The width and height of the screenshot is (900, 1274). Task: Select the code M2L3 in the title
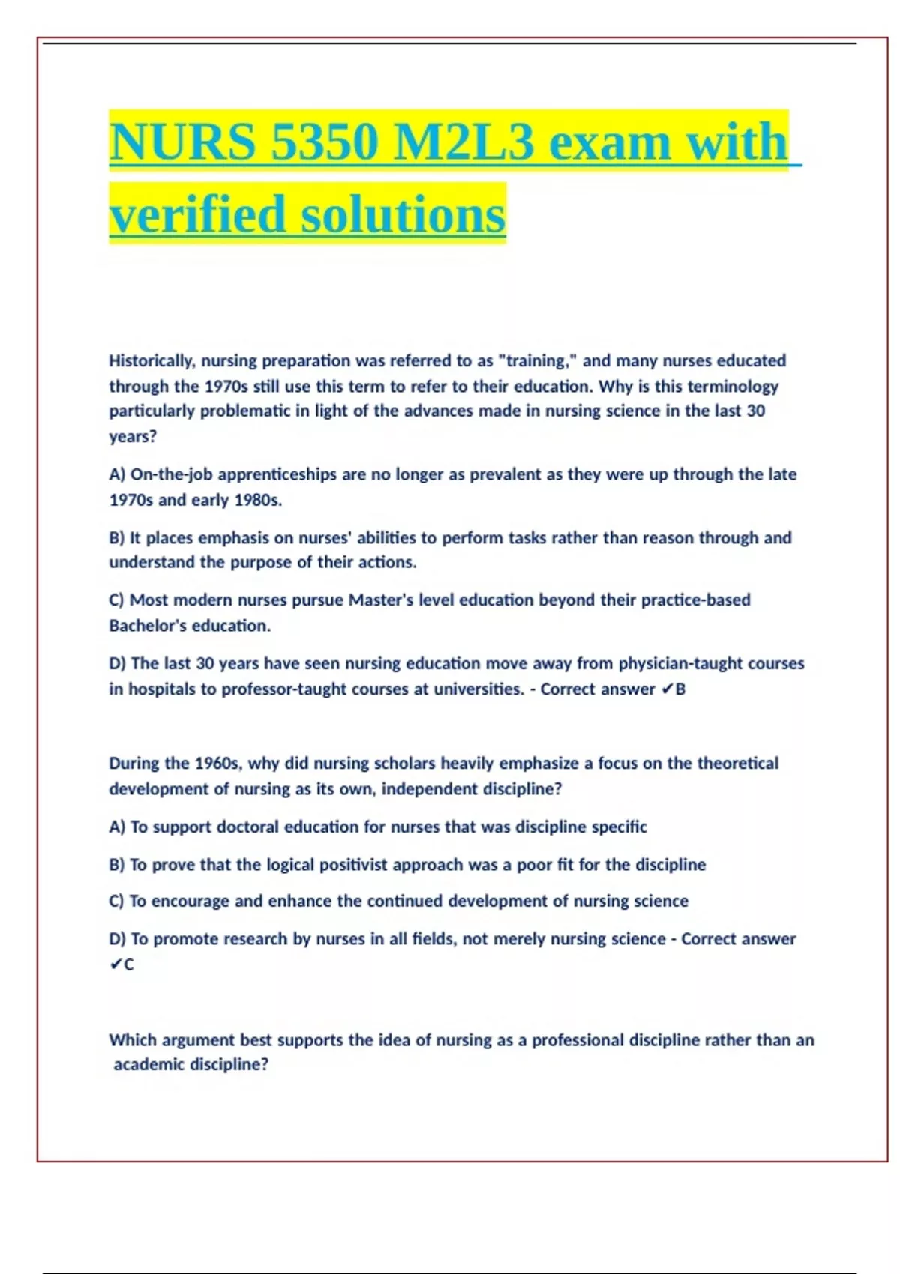tap(463, 142)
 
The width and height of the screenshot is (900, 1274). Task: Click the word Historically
tap(151, 361)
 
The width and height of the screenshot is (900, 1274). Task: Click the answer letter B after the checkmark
tap(680, 689)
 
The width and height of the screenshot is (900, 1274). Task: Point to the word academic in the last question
tap(149, 1065)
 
